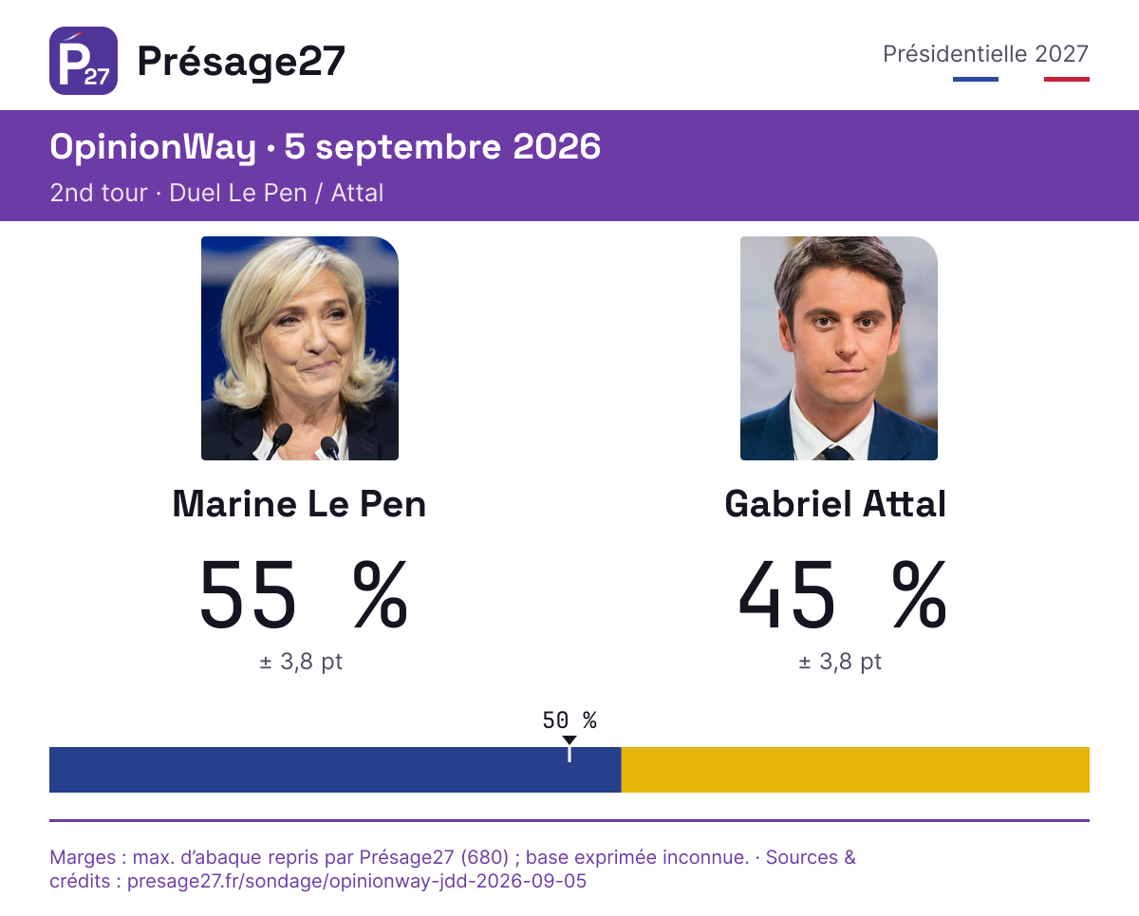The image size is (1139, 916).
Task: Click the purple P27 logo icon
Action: [84, 61]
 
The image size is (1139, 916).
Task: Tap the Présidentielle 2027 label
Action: [985, 54]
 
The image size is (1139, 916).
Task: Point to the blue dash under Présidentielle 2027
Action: [976, 80]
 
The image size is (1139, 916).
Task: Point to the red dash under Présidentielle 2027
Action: [1067, 80]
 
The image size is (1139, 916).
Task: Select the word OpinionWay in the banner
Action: [153, 147]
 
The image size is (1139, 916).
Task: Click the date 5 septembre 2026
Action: [442, 147]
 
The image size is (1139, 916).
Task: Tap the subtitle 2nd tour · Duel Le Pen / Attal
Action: [217, 193]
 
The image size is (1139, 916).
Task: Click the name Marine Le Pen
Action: [299, 503]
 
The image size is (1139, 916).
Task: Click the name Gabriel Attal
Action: [835, 503]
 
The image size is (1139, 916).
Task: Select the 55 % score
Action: [304, 594]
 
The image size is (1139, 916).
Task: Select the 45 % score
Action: [842, 594]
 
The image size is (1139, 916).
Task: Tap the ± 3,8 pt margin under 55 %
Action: [301, 662]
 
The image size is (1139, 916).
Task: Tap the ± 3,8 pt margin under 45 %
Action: [840, 662]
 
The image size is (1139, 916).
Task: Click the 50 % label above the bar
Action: [569, 720]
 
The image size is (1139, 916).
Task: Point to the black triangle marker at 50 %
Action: [569, 739]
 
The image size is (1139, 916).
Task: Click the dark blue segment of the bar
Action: [335, 770]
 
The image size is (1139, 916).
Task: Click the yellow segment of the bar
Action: [855, 770]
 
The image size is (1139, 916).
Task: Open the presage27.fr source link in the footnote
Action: [357, 881]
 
